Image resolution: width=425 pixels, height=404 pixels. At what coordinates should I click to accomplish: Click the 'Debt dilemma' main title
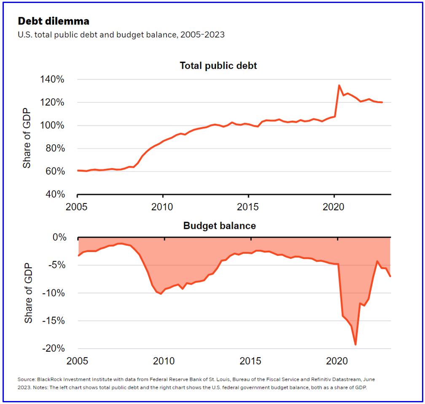pyautogui.click(x=53, y=21)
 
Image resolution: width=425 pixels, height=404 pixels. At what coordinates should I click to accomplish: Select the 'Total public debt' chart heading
pyautogui.click(x=218, y=66)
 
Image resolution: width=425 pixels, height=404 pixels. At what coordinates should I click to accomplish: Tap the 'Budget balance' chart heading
pyautogui.click(x=219, y=226)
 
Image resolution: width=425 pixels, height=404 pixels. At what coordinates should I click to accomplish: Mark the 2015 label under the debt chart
pyautogui.click(x=248, y=207)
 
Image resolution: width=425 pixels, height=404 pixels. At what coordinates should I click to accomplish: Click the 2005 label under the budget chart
pyautogui.click(x=78, y=362)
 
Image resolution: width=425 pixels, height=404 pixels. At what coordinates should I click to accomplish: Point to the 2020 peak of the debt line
pyautogui.click(x=339, y=85)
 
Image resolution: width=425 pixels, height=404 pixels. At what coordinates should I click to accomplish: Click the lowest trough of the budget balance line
pyautogui.click(x=355, y=344)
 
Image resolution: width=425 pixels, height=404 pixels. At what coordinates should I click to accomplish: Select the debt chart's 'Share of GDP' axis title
pyautogui.click(x=27, y=137)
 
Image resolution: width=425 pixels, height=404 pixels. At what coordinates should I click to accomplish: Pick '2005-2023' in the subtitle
pyautogui.click(x=202, y=35)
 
